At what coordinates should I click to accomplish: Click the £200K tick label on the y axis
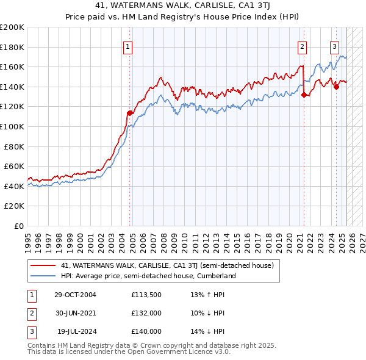(x=12, y=27)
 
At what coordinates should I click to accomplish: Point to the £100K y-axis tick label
(x=12, y=126)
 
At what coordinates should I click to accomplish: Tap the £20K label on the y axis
(x=15, y=206)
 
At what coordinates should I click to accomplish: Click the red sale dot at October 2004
(x=130, y=113)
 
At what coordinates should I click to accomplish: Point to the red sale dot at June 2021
(x=304, y=95)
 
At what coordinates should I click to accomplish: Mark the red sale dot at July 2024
(x=336, y=87)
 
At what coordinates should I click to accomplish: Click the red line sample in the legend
(x=43, y=265)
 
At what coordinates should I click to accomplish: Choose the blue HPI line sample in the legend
(x=43, y=276)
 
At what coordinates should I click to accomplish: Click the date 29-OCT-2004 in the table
(x=75, y=295)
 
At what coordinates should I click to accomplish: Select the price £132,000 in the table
(x=146, y=313)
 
